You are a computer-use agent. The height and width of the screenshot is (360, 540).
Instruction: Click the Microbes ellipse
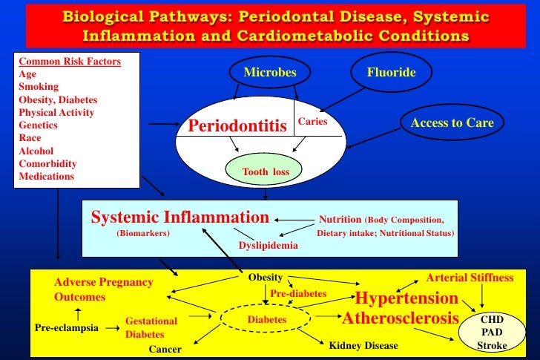(x=270, y=73)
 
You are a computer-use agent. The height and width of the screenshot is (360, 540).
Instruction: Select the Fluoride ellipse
(x=391, y=73)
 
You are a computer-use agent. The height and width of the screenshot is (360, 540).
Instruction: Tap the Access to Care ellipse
(x=452, y=123)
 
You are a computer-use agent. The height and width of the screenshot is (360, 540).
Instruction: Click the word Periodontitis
(x=237, y=127)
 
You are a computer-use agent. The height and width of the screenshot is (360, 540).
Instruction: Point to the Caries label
(x=312, y=120)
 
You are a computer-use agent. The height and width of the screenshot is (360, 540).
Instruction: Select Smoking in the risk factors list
(x=39, y=87)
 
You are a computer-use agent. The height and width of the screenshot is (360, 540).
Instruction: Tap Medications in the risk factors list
(x=46, y=177)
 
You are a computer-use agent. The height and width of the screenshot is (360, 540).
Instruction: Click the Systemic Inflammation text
(x=179, y=217)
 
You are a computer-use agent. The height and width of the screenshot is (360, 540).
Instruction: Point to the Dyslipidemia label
(x=268, y=245)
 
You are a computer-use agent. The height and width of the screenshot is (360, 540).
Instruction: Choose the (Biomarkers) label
(x=143, y=232)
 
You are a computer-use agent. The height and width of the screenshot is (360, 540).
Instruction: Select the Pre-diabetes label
(x=297, y=294)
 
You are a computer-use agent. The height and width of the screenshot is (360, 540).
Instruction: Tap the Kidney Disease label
(x=363, y=346)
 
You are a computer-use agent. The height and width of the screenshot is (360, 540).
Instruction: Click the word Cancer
(x=166, y=347)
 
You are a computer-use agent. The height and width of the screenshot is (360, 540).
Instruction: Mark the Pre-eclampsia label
(x=67, y=327)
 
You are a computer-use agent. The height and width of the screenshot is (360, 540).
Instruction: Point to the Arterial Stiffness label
(x=470, y=278)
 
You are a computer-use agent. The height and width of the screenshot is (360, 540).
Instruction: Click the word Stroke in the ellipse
(x=492, y=346)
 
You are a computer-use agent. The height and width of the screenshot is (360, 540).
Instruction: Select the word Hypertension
(x=406, y=298)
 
